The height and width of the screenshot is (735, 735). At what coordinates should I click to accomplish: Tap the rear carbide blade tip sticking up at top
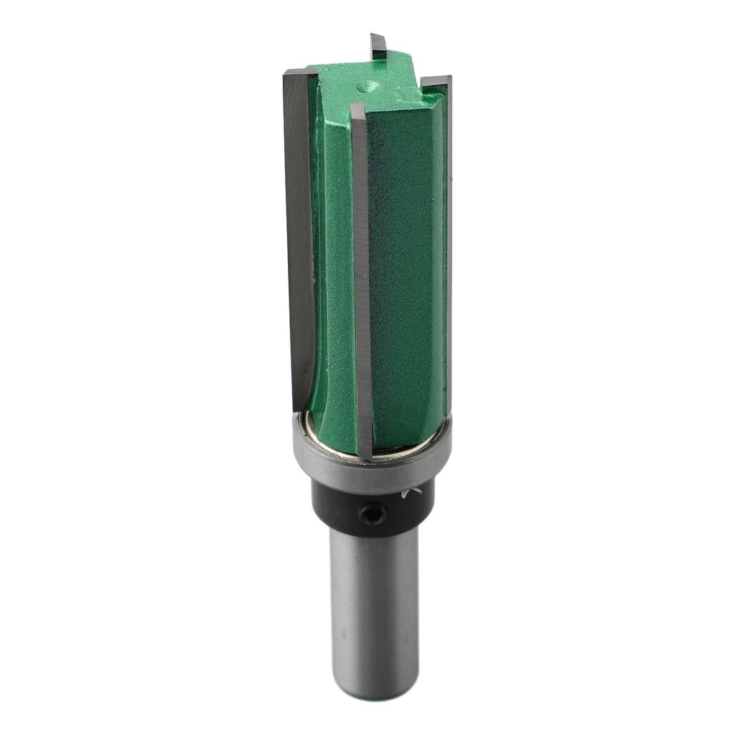(x=378, y=45)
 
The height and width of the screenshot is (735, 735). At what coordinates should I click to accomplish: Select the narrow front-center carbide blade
(x=362, y=280)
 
